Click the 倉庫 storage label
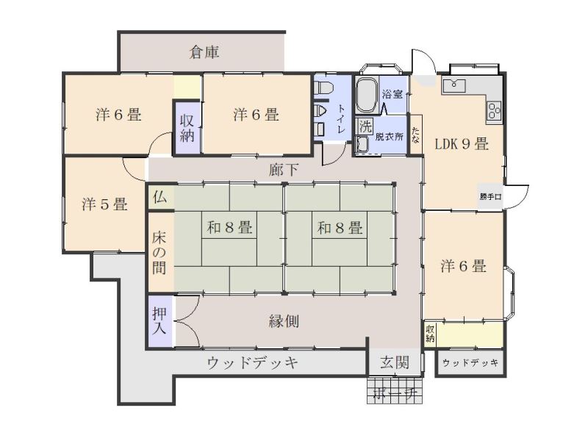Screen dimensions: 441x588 pos(204,53)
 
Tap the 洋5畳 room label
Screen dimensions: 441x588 pos(104,204)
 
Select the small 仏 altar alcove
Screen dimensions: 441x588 pos(161,197)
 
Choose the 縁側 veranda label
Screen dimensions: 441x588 pos(283,321)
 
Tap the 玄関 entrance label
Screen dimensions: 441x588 pos(395,362)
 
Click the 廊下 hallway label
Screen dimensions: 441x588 pos(284,170)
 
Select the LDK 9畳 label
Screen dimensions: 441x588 pos(462,145)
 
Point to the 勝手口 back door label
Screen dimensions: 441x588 pos(490,197)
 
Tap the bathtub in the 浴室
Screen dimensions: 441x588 pos(367,95)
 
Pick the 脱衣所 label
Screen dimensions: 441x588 pos(390,137)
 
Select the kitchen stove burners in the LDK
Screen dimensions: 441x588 pos(494,111)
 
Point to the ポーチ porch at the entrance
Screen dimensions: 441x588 pos(395,392)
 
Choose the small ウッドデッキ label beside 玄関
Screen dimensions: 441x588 pos(470,363)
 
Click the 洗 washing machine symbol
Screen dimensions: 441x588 pos(364,126)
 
